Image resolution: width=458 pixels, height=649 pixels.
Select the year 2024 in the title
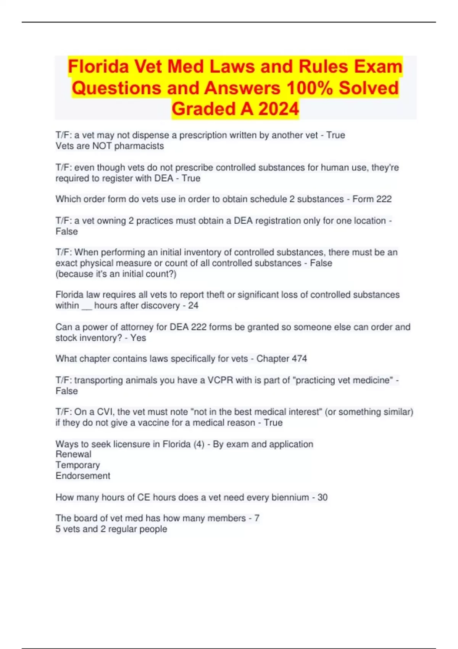click(278, 109)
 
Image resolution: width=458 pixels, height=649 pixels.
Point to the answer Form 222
click(372, 199)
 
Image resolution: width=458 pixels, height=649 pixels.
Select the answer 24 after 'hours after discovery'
click(193, 306)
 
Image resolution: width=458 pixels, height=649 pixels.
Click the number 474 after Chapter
click(299, 359)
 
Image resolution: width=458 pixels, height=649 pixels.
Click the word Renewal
click(73, 454)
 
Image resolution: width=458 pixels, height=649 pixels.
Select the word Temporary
click(77, 465)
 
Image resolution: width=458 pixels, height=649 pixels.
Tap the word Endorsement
click(83, 476)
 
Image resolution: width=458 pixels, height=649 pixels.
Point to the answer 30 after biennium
click(323, 497)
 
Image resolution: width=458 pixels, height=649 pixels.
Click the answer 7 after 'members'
click(257, 518)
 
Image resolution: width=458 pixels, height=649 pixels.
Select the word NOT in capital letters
click(102, 146)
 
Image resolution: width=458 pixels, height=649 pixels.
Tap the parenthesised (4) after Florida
click(199, 444)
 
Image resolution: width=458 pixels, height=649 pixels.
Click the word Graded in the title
click(203, 109)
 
